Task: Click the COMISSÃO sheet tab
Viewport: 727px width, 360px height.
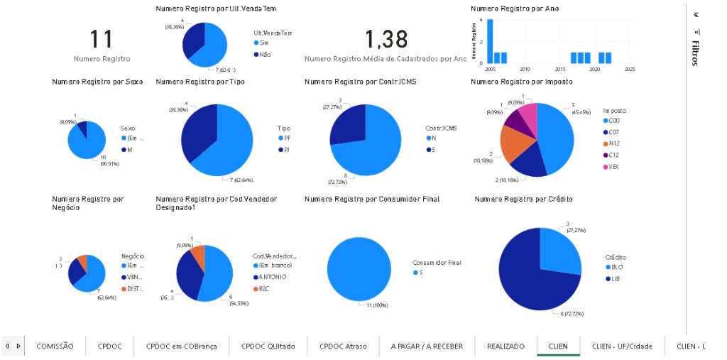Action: click(x=55, y=346)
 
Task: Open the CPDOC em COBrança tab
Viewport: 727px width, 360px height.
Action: click(x=182, y=346)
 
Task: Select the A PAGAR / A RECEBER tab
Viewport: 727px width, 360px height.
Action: click(x=427, y=346)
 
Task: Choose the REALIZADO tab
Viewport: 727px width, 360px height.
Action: click(x=505, y=346)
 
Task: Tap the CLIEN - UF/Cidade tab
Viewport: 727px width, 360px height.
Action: click(x=622, y=346)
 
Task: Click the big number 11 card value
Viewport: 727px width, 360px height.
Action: click(x=102, y=40)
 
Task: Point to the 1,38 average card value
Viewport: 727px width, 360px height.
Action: click(x=386, y=40)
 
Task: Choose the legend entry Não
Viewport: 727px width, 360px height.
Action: click(x=264, y=54)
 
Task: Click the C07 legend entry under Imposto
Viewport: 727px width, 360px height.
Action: click(x=612, y=132)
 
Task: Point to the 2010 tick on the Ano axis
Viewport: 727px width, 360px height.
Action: click(x=525, y=69)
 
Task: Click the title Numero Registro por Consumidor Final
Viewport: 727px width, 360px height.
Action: click(x=371, y=200)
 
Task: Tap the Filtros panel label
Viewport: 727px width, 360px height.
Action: click(x=696, y=53)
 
